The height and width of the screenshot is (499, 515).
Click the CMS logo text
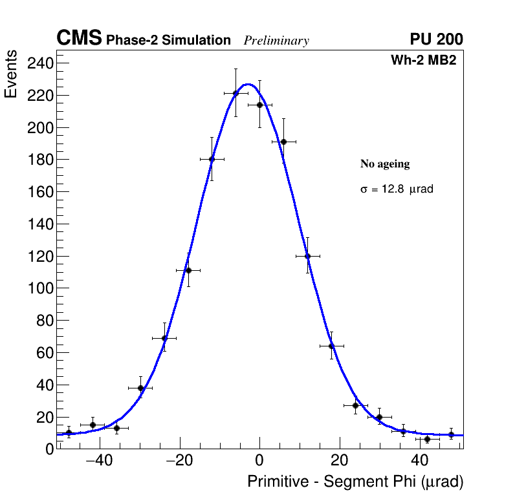79,39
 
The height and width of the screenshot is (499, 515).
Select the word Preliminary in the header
276,41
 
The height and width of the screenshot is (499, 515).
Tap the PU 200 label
436,39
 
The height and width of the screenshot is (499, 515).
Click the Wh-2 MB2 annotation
423,61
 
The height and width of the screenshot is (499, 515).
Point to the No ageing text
385,164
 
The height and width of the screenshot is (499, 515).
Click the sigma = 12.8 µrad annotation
397,189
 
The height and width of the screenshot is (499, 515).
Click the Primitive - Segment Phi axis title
355,482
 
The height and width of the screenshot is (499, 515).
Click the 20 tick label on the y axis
43,417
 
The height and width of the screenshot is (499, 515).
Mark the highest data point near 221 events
236,93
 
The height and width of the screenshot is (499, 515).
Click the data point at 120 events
307,256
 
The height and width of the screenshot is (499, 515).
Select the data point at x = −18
188,270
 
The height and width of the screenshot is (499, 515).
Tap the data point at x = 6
283,142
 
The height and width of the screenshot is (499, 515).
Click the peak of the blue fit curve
247,84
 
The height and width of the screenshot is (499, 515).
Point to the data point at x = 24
355,405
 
